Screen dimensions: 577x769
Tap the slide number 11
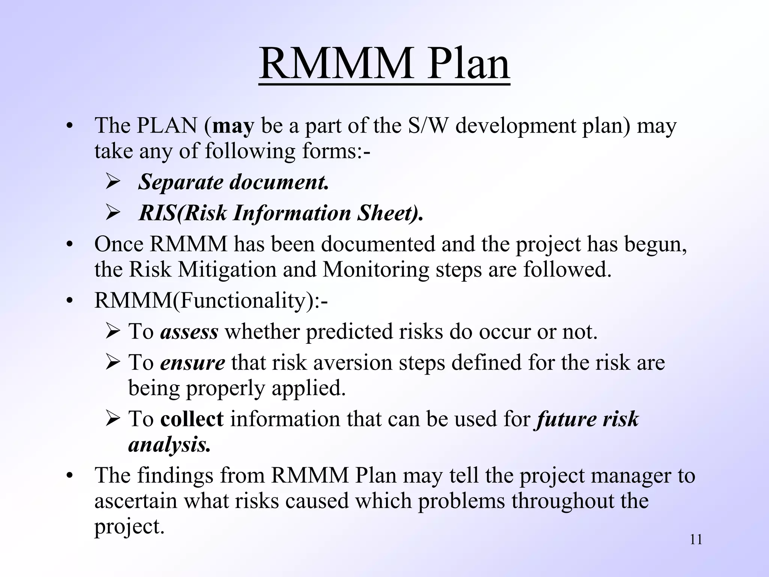pos(696,540)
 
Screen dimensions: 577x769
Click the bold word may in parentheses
pos(233,126)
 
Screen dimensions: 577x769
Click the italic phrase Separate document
pos(233,182)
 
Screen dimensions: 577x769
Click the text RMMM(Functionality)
pos(210,301)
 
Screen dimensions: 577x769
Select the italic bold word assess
pos(189,332)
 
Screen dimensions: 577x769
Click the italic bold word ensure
pos(192,363)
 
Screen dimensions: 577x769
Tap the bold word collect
pos(192,419)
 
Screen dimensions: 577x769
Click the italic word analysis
pos(169,445)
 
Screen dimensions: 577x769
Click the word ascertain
pos(136,501)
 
